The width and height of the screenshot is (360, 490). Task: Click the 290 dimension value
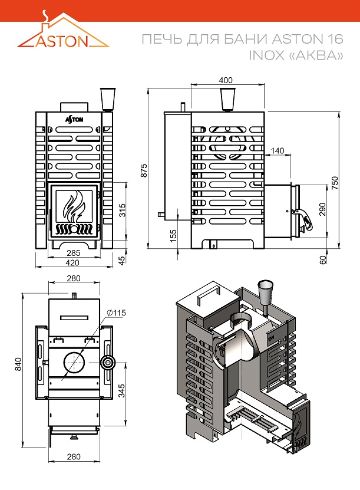322,210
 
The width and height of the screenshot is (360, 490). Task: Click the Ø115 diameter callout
117,312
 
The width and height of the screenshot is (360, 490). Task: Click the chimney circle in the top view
74,363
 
